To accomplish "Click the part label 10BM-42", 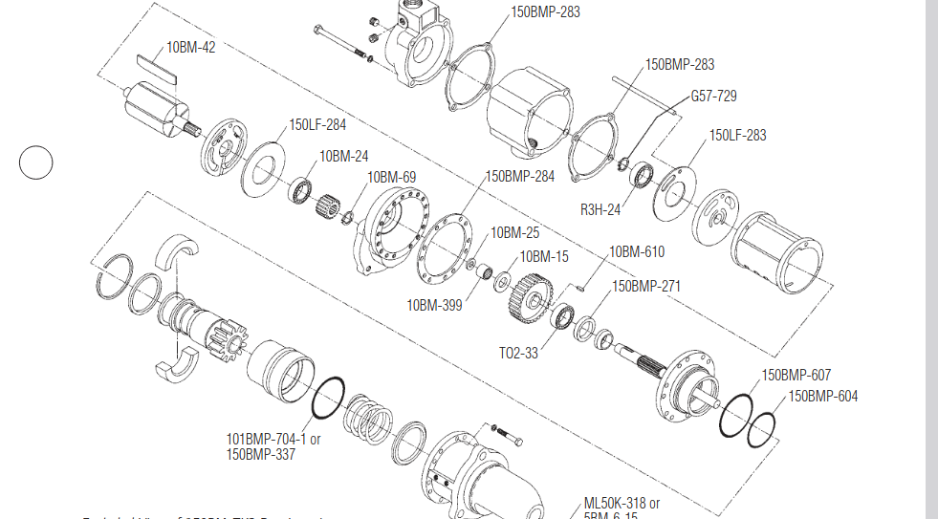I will click(190, 47).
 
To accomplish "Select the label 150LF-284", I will click(317, 125).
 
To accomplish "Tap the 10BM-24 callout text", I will click(343, 156).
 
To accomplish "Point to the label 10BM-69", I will click(392, 177).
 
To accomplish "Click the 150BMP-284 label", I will click(519, 176).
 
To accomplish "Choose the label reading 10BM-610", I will click(637, 252).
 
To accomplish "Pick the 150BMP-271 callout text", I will click(646, 286).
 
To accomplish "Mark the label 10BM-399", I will click(434, 306).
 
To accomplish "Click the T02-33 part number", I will click(518, 353).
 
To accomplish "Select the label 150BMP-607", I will click(796, 375).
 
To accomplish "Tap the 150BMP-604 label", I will click(822, 396).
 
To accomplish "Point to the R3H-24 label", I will click(600, 210).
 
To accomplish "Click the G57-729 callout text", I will click(713, 97).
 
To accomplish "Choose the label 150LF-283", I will click(737, 136).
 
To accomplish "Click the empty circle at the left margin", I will click(36, 162).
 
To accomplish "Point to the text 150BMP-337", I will click(260, 454).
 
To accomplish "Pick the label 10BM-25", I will click(514, 232).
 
